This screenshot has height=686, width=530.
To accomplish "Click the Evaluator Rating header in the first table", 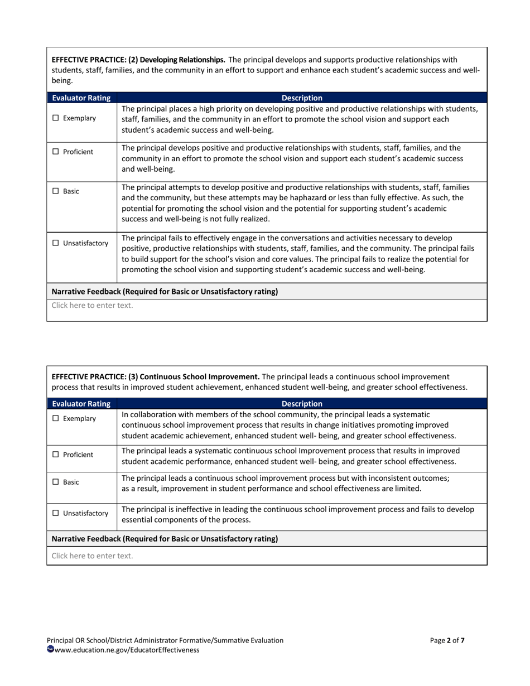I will tap(81, 98).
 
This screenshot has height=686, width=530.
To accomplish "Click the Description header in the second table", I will tap(302, 403).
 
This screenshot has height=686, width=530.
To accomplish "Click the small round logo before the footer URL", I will tap(50, 649).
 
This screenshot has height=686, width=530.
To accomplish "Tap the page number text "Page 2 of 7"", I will tap(447, 640).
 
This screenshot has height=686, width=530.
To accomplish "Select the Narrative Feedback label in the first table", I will tap(165, 291).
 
